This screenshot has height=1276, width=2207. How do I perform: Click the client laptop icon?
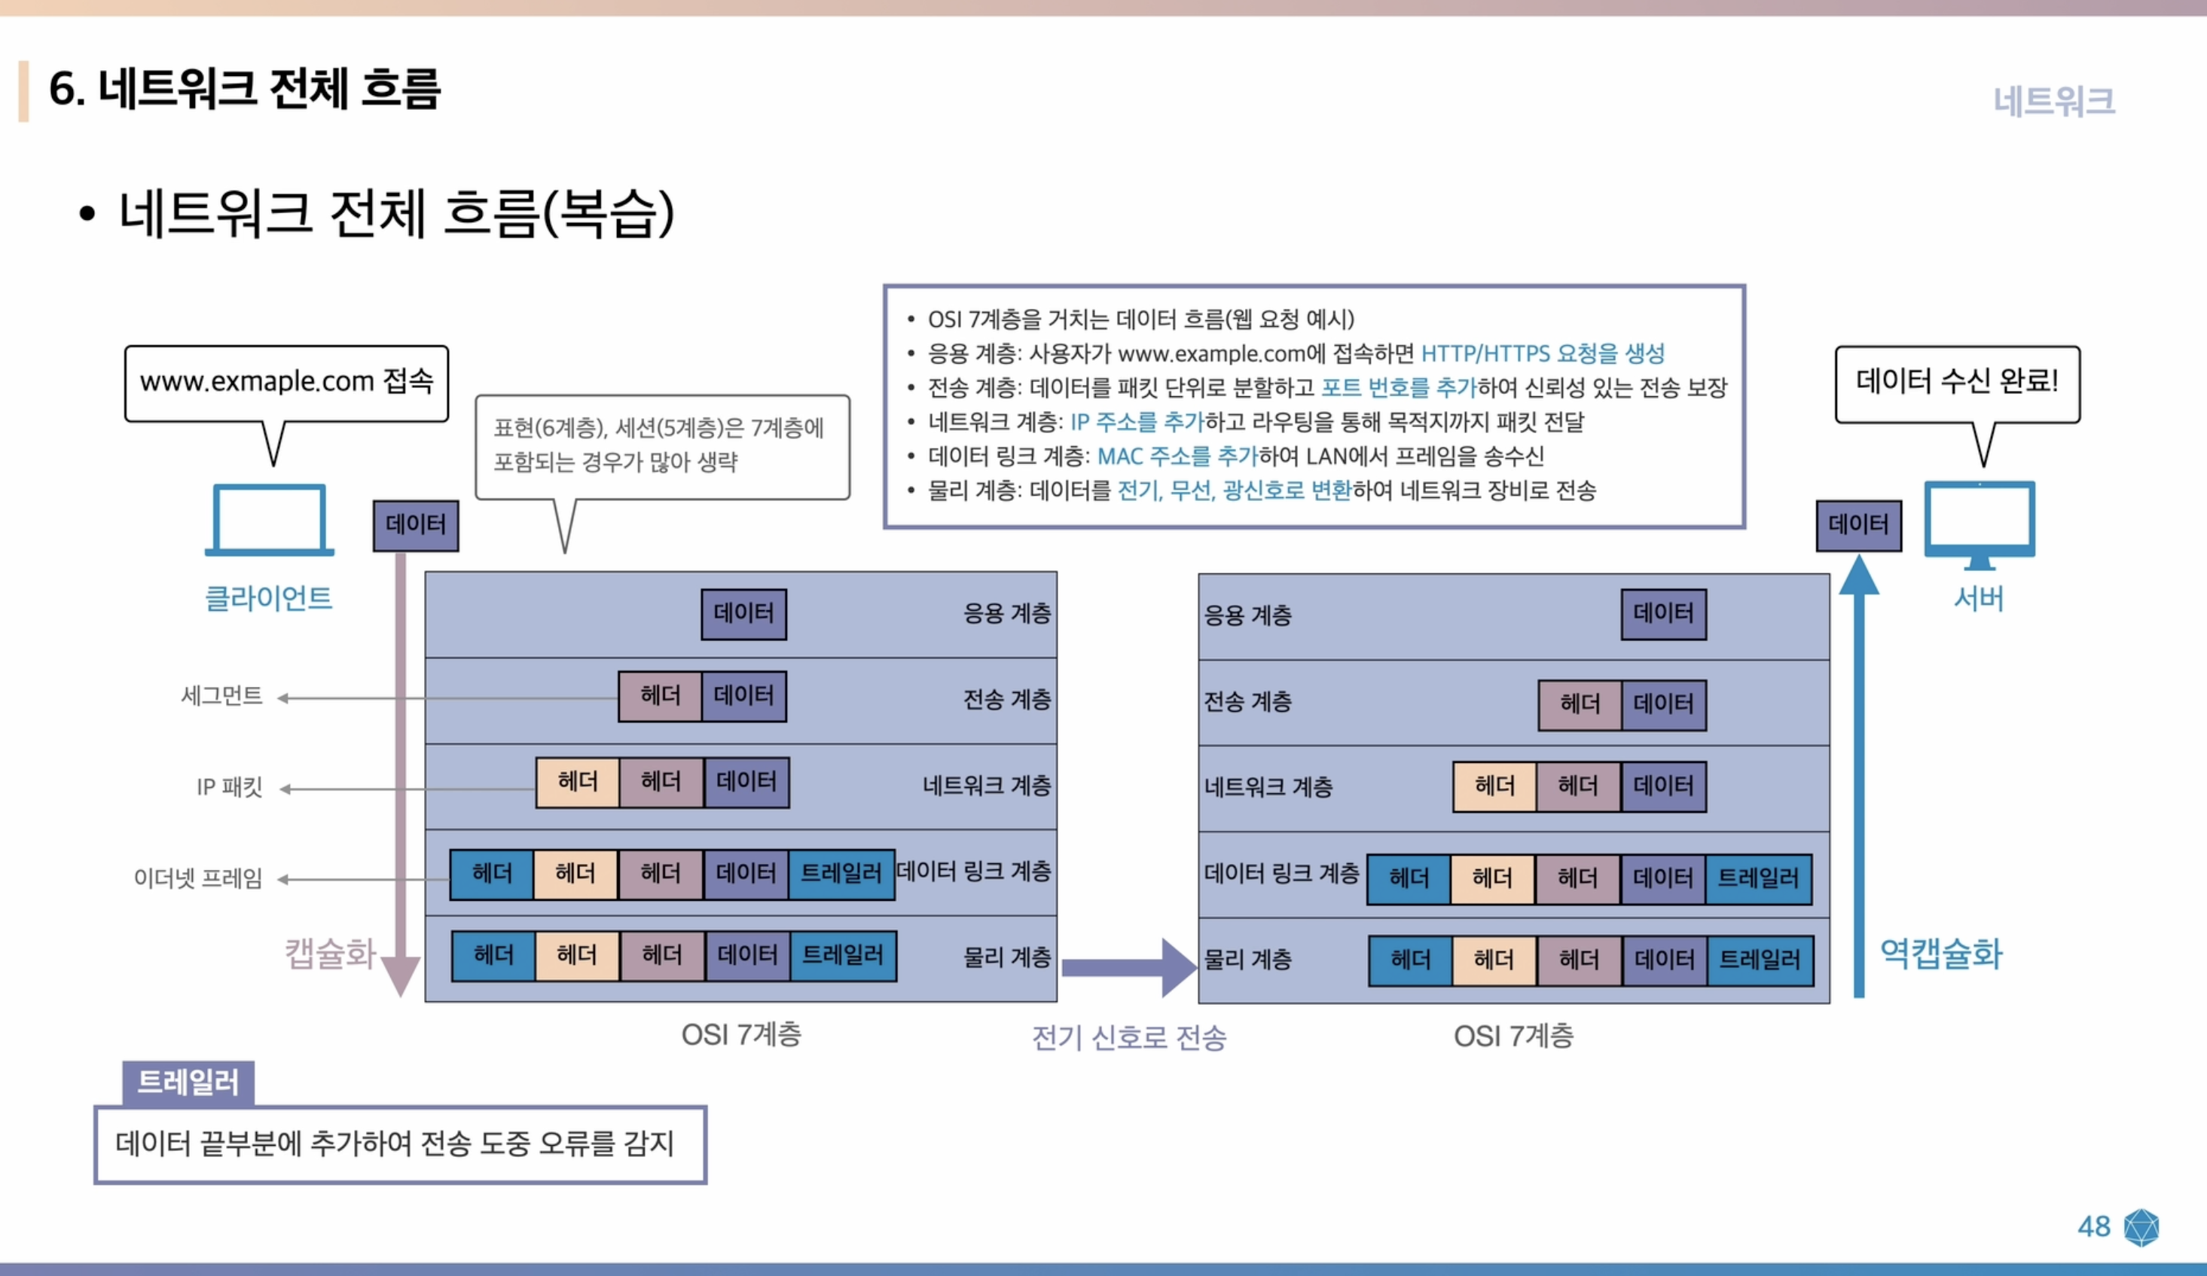pyautogui.click(x=269, y=520)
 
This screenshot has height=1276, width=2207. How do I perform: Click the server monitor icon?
pyautogui.click(x=1980, y=524)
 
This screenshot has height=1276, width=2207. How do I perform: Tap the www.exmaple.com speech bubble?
pyautogui.click(x=286, y=383)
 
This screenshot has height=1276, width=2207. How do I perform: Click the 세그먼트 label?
pyautogui.click(x=221, y=696)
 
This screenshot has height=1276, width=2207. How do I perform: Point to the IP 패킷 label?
pyautogui.click(x=230, y=787)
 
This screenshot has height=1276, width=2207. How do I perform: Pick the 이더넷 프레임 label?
pyautogui.click(x=198, y=878)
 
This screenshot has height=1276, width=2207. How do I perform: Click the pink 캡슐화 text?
pyautogui.click(x=330, y=953)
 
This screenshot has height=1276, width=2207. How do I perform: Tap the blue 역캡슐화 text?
pyautogui.click(x=1941, y=953)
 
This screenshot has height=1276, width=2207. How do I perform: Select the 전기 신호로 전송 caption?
pyautogui.click(x=1129, y=1038)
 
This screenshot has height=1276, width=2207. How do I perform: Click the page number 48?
pyautogui.click(x=2093, y=1226)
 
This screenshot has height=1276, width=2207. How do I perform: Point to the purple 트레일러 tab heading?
pyautogui.click(x=188, y=1082)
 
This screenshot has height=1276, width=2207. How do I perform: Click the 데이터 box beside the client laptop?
pyautogui.click(x=416, y=526)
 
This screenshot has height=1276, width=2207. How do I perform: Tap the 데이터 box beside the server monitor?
pyautogui.click(x=1858, y=526)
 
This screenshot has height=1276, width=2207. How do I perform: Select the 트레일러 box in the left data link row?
pyautogui.click(x=841, y=874)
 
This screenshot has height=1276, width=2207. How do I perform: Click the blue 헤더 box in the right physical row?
pyautogui.click(x=1410, y=960)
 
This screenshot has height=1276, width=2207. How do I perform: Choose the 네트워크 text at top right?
pyautogui.click(x=2054, y=102)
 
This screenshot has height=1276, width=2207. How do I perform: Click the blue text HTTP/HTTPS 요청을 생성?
pyautogui.click(x=1543, y=354)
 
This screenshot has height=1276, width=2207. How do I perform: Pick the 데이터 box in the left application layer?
pyautogui.click(x=743, y=614)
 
